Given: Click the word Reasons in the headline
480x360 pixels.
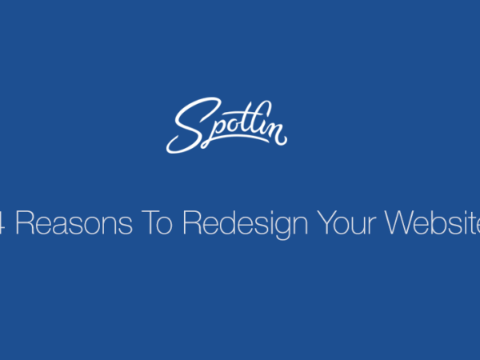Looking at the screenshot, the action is point(74,223).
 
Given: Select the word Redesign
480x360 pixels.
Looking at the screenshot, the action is point(246,225).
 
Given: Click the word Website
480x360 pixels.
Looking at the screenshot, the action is point(433,223).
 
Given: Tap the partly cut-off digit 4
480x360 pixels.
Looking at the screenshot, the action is point(2,223).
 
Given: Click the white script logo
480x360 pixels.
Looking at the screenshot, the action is point(226,126).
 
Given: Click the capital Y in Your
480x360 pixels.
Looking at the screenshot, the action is point(326,223).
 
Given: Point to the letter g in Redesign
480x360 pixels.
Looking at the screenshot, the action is point(282,228).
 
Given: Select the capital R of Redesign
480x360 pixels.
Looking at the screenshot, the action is point(192,223).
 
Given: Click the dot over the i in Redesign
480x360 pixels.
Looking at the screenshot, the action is point(270,212).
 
